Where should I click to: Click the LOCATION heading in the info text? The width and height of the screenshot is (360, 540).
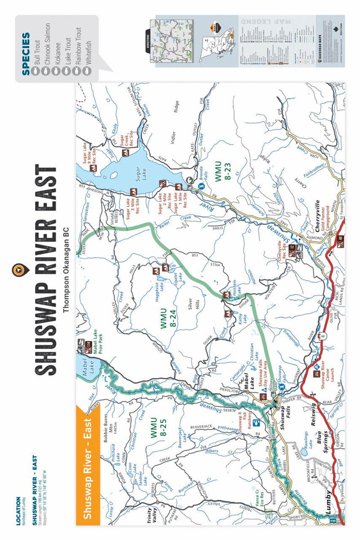[x=18, y=511]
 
